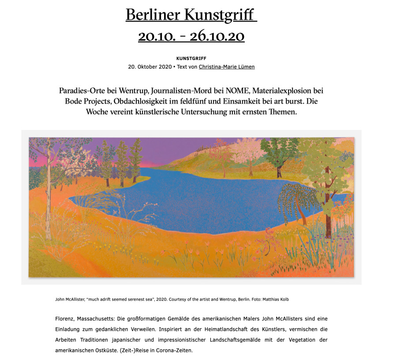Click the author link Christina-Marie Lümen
coord(226,67)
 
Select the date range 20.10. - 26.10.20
coord(191,36)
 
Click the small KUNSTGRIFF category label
coord(191,58)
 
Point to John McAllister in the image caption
coord(70,299)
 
